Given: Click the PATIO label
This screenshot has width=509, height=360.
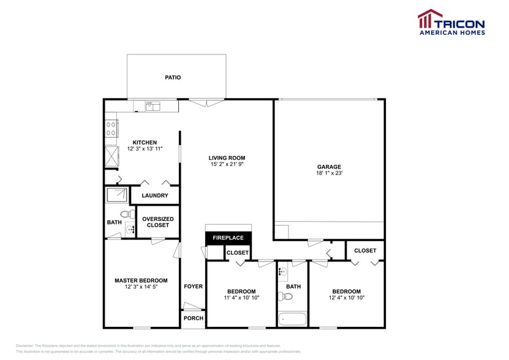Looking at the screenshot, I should click(x=173, y=78).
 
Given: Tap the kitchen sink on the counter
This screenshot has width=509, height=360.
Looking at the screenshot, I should click(x=153, y=107).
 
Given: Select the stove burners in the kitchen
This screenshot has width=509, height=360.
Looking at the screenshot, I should click(x=111, y=129).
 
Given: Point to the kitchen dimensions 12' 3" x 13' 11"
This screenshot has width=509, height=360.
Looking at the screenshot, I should click(x=145, y=149).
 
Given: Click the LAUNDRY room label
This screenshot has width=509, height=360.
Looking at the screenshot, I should click(x=154, y=196).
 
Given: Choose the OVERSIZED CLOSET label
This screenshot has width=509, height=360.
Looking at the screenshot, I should click(x=158, y=222).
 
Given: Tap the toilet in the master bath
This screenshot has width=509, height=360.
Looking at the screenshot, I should click(x=127, y=215).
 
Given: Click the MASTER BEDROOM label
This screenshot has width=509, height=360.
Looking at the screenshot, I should click(x=141, y=280).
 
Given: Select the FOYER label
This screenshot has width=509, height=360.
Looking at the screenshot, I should click(x=193, y=287).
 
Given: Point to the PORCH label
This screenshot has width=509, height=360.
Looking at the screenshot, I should click(x=193, y=318).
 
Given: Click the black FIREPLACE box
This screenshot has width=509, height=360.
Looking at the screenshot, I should click(x=228, y=238).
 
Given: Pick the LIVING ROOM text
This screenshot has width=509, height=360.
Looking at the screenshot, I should click(x=227, y=158).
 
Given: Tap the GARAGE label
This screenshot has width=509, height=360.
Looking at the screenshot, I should click(x=329, y=167).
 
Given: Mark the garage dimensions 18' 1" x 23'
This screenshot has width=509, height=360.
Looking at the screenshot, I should click(x=329, y=173).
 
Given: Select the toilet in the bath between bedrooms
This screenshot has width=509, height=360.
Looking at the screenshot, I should click(x=287, y=297).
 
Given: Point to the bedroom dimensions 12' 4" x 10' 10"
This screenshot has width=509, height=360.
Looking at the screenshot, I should click(x=346, y=298).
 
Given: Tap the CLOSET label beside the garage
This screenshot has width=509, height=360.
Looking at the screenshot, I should click(x=365, y=250).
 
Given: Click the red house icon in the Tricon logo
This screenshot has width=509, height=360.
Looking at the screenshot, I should click(x=429, y=19).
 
